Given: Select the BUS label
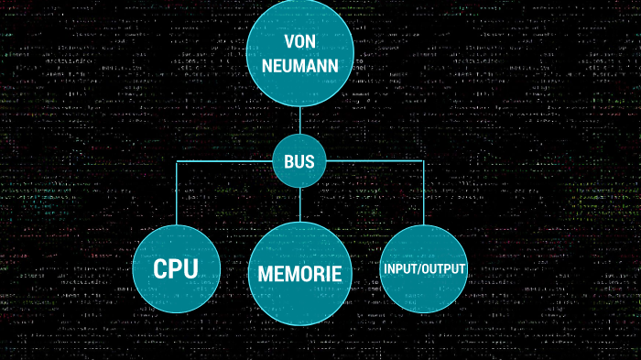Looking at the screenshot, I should [299, 162].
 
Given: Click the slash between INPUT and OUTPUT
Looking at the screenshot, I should [422, 269].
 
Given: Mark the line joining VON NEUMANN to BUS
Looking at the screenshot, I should [299, 122].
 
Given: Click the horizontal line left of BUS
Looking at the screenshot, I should [224, 162].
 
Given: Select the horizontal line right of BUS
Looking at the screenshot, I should [375, 162].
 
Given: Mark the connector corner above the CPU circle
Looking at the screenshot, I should [176, 162].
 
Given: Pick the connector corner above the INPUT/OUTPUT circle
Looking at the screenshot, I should [424, 162].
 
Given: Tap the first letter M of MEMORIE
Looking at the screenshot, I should [266, 273].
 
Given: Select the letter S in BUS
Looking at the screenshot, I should [310, 162].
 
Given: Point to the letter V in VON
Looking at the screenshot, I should [288, 42].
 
